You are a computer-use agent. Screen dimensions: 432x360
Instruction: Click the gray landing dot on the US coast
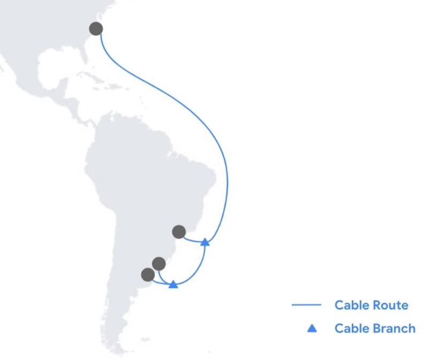96,29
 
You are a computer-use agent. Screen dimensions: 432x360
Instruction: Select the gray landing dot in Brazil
179,232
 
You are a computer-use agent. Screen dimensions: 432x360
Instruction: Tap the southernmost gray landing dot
148,274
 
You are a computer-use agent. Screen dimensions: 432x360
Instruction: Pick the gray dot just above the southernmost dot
158,264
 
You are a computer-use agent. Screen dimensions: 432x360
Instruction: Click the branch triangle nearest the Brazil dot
205,242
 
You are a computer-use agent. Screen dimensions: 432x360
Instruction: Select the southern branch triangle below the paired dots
173,285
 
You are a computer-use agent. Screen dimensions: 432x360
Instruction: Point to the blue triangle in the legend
312,328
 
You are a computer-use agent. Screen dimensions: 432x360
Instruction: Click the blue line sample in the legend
306,305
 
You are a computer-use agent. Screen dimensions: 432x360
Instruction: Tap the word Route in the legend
390,305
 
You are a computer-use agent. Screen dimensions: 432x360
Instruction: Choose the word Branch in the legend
394,328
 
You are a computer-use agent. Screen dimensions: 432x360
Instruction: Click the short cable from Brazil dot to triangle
193,241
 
